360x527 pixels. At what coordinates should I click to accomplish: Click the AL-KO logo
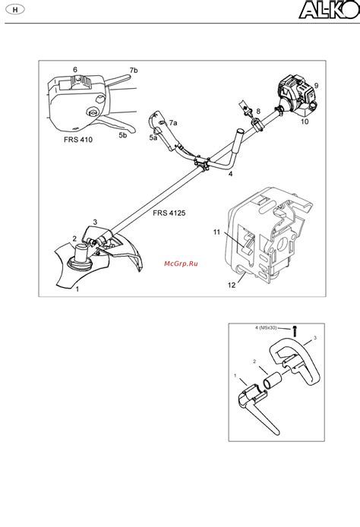329,9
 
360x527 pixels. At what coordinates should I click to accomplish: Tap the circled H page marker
15,10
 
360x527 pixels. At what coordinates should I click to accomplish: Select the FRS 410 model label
78,139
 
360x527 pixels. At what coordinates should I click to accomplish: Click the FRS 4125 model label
169,213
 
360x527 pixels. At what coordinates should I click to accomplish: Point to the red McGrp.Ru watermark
181,263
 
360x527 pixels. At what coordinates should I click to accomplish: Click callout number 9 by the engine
316,86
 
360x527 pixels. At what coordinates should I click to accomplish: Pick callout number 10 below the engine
305,121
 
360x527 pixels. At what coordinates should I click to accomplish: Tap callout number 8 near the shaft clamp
258,112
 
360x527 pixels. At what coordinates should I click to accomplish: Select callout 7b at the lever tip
134,71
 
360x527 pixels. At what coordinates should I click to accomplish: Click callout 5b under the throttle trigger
123,135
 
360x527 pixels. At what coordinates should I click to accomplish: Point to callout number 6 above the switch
75,70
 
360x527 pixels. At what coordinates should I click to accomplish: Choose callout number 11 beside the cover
216,232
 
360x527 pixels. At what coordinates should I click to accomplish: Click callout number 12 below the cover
232,285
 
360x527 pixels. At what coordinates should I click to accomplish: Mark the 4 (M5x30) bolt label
266,327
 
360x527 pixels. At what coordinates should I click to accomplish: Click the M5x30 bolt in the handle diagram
295,331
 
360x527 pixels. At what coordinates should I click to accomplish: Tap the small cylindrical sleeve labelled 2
273,381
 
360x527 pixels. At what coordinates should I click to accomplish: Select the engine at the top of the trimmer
296,96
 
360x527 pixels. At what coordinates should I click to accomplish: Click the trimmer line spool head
81,257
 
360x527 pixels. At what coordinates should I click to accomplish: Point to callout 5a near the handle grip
153,137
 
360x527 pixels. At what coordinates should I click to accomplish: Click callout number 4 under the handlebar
230,174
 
